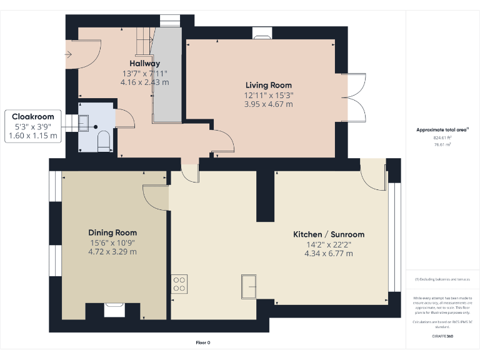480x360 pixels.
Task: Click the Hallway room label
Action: tap(144, 63)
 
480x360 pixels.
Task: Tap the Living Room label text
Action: tap(268, 85)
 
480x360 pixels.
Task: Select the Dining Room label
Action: tap(112, 232)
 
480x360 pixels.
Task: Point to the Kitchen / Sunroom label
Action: tap(329, 234)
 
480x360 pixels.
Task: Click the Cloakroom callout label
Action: tap(33, 116)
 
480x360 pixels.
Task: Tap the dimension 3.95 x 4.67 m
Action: tap(268, 104)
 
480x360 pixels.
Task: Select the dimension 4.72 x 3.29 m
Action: tap(112, 252)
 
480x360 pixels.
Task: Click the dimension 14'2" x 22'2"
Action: tap(329, 244)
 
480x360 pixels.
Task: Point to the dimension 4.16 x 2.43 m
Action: tap(144, 82)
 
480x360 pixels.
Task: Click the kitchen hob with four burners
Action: tap(179, 284)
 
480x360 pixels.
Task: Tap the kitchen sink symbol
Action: tap(250, 286)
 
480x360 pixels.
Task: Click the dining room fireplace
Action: tap(114, 307)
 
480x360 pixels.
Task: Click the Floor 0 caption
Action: tap(202, 342)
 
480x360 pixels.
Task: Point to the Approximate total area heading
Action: tap(442, 130)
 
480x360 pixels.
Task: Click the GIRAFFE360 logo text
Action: tap(442, 336)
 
